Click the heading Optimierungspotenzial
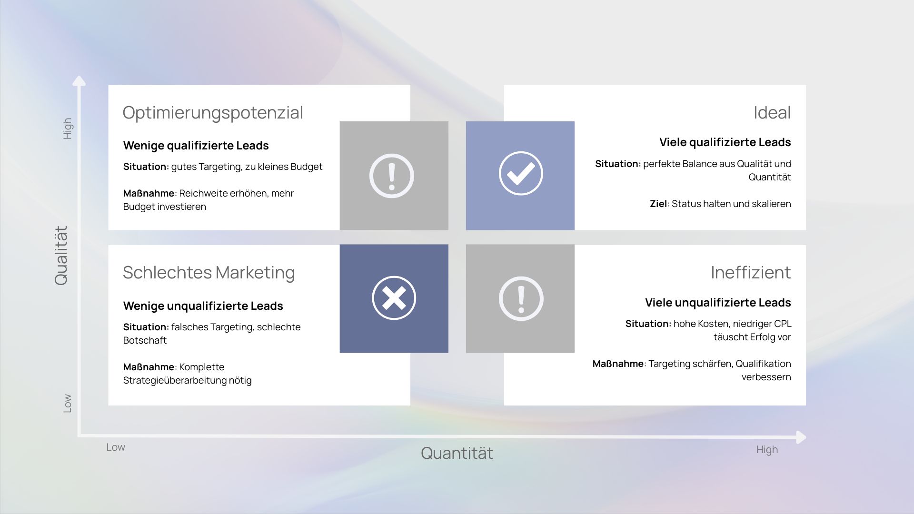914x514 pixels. point(213,113)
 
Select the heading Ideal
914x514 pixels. point(772,113)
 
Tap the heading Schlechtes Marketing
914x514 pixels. point(209,273)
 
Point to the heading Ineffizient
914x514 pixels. point(751,273)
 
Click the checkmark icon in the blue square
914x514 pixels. point(521,173)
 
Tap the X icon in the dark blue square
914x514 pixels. point(394,298)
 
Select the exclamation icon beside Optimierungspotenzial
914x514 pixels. point(392,176)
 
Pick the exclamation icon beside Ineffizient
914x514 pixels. point(521,298)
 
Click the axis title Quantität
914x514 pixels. point(457,453)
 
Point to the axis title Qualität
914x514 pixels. point(61,256)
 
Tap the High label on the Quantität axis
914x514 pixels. point(767,450)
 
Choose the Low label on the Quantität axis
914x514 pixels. point(116,447)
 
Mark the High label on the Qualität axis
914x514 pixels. point(68,128)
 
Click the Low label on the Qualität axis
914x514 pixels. point(68,403)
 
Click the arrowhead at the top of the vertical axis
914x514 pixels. point(79,80)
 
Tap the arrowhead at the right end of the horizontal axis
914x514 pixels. point(801,437)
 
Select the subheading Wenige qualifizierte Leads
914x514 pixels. point(196,146)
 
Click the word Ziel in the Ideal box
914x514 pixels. point(658,204)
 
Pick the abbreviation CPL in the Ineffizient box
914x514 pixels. point(783,324)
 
